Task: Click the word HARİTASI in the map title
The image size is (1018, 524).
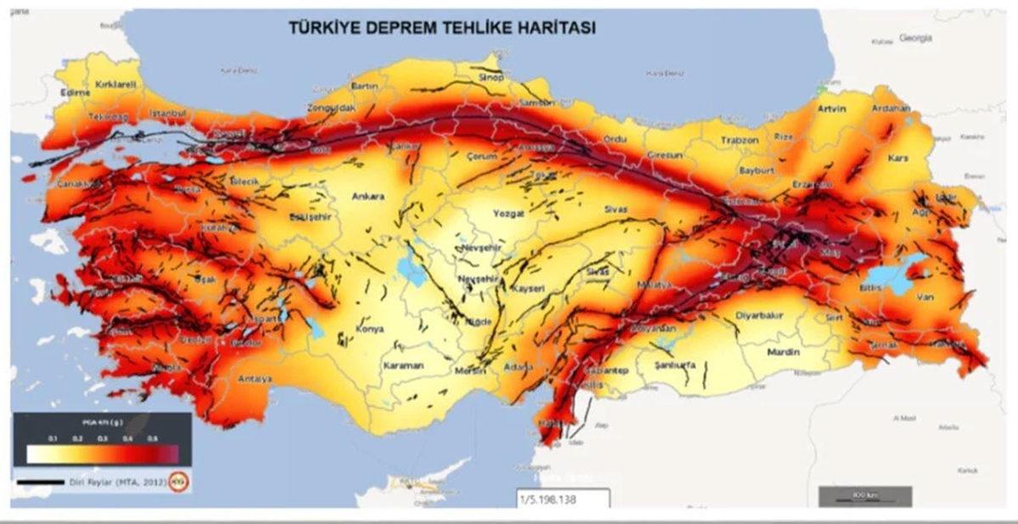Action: (554, 27)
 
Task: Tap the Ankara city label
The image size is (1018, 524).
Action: (368, 197)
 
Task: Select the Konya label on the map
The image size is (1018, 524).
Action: (370, 329)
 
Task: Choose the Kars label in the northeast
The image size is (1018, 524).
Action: (897, 158)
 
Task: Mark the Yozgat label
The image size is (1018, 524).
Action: (508, 215)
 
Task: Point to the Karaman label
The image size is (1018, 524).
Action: (403, 366)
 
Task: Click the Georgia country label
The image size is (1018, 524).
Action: (915, 38)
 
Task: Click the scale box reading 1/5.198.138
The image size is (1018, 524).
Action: (563, 499)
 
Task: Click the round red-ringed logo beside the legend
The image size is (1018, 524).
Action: (179, 482)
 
